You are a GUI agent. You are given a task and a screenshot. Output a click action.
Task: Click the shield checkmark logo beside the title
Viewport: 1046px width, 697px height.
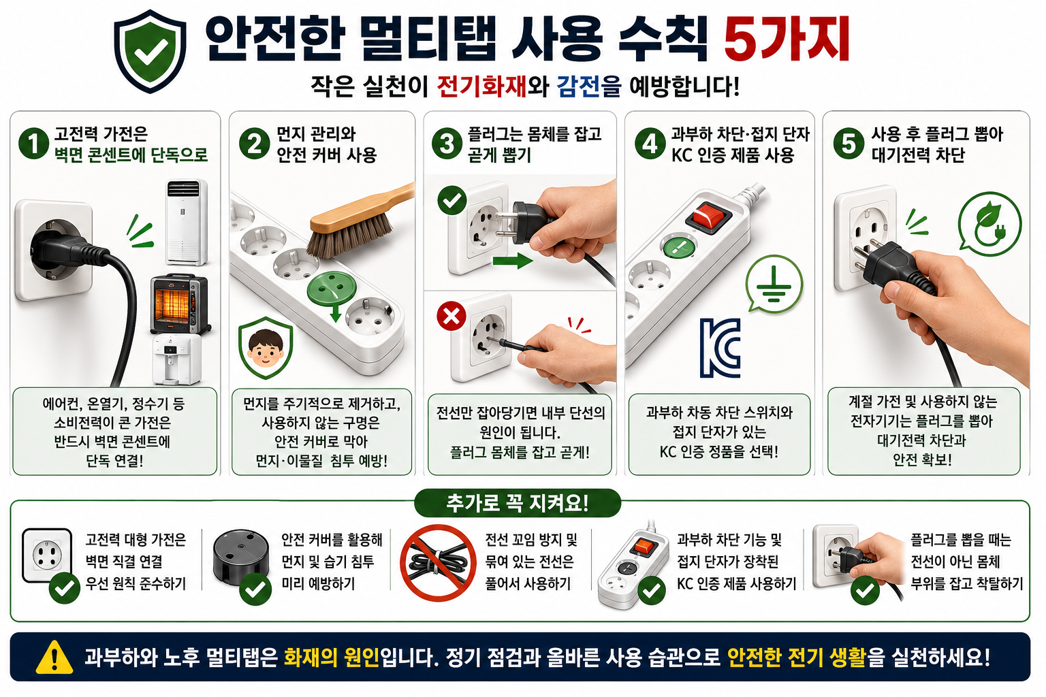[150, 51]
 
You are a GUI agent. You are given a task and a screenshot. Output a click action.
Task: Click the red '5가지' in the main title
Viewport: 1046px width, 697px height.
[787, 39]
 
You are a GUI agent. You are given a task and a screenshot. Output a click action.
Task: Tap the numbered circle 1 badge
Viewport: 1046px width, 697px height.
[33, 144]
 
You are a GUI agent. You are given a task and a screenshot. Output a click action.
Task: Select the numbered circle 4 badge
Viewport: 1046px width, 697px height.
[650, 144]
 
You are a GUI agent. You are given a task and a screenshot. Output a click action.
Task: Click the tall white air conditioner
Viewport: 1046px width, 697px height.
[187, 222]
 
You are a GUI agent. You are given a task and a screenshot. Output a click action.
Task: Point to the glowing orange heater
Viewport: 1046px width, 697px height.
[179, 303]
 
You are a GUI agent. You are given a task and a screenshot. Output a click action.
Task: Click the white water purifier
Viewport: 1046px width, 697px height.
[177, 359]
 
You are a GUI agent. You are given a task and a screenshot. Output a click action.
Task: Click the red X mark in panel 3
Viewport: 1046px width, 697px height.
[451, 316]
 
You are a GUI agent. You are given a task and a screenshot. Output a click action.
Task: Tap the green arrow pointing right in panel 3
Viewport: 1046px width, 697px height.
[512, 261]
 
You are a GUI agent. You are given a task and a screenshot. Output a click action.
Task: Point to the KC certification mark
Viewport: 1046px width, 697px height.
[720, 348]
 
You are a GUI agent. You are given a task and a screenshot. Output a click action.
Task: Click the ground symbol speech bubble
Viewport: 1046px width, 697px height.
[774, 284]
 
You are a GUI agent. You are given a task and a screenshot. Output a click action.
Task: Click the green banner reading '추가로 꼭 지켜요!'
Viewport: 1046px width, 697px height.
[518, 503]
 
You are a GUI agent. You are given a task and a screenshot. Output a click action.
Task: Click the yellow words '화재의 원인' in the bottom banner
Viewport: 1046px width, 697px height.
[331, 658]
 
